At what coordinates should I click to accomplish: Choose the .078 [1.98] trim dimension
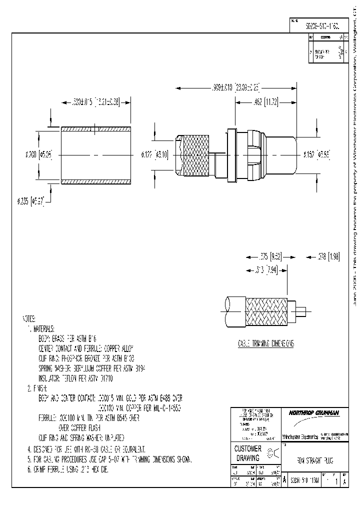(x=328, y=256)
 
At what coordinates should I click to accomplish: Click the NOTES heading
(x=29, y=318)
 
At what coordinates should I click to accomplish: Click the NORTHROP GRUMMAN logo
(x=313, y=412)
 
